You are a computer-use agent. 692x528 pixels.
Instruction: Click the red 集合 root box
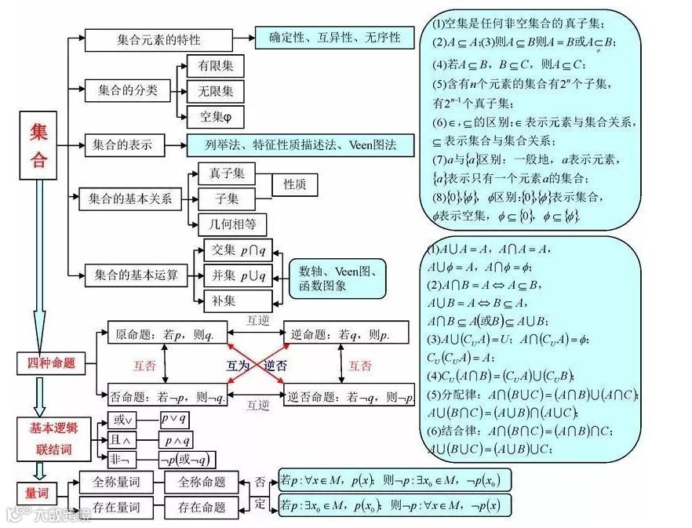click(x=38, y=145)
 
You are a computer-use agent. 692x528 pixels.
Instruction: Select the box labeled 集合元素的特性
click(x=158, y=39)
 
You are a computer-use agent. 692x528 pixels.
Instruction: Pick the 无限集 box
click(x=216, y=91)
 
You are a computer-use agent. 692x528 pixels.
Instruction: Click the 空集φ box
click(x=216, y=117)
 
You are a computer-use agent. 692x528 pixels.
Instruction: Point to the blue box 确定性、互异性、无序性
click(x=334, y=38)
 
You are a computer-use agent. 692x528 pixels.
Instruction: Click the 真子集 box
click(x=227, y=173)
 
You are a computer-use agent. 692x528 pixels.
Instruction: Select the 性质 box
click(x=295, y=184)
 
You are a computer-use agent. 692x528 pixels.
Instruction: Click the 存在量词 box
click(x=116, y=506)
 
